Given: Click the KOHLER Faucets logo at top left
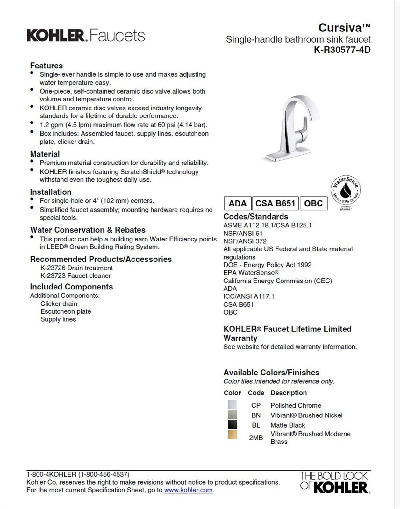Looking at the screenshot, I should click(86, 35).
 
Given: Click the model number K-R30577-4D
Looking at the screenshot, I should click(342, 50).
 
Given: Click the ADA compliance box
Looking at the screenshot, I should click(238, 203).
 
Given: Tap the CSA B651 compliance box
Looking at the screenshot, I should click(275, 203).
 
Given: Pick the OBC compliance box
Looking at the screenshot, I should click(313, 203).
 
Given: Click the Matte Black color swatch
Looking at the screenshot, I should click(232, 425).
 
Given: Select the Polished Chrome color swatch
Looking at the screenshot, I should click(232, 405).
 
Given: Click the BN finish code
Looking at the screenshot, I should click(256, 415).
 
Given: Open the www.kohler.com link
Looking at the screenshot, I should click(188, 490).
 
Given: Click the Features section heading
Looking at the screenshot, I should click(47, 66).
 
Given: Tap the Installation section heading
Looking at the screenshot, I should click(51, 192).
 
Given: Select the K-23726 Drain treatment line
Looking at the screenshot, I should click(76, 268).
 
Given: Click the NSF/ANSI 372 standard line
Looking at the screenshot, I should click(245, 241).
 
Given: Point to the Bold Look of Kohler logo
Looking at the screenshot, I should click(334, 482).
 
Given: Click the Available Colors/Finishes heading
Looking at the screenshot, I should click(271, 372).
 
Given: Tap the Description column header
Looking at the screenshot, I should click(289, 393).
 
